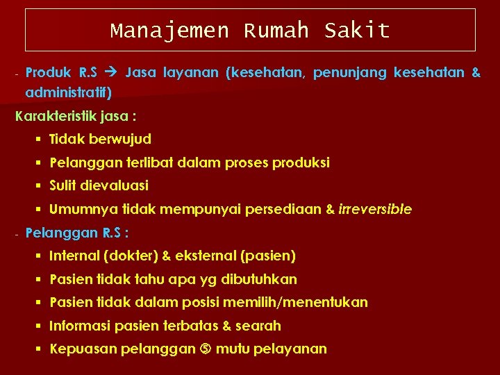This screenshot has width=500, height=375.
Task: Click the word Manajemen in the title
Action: click(x=169, y=31)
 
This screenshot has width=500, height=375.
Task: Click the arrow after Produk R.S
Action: click(x=111, y=72)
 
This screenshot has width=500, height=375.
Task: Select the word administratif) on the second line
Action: click(x=68, y=92)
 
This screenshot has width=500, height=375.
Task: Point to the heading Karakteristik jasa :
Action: click(x=76, y=116)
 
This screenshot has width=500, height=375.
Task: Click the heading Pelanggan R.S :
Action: click(x=77, y=233)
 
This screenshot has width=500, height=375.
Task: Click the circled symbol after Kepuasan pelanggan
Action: click(x=206, y=349)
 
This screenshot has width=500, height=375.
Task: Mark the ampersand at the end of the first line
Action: click(x=475, y=72)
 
